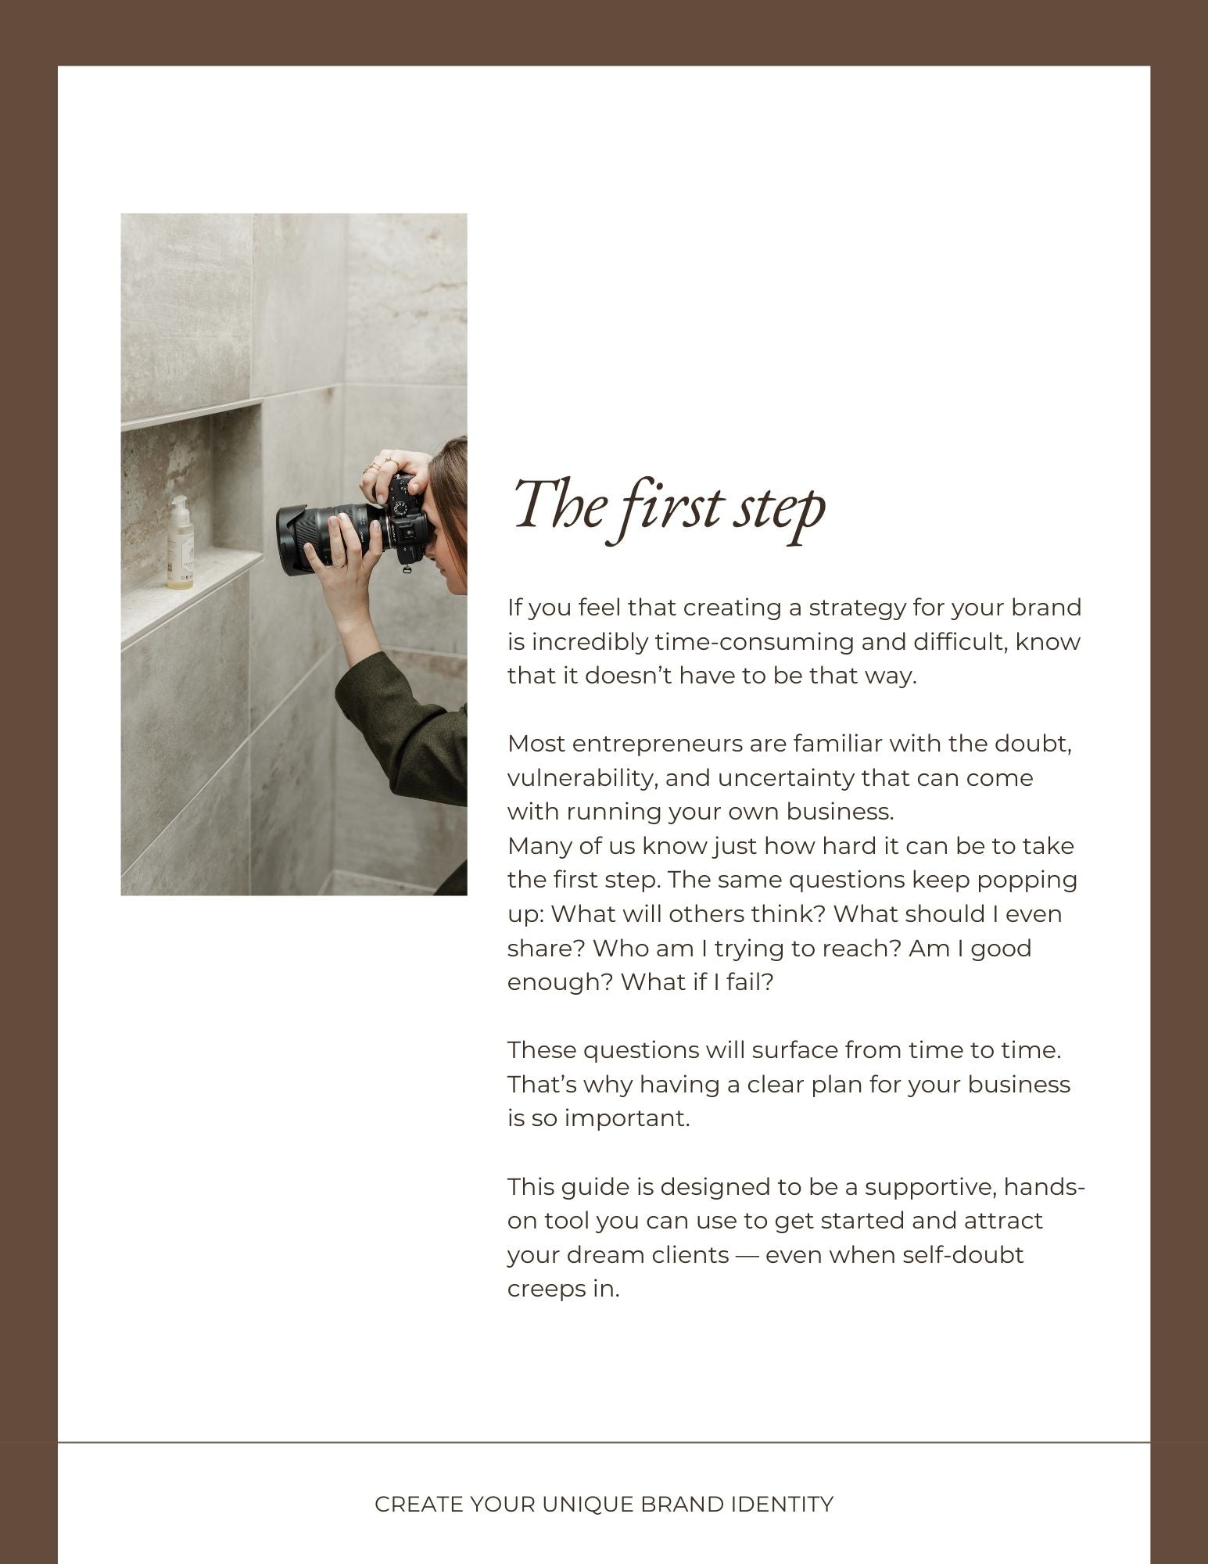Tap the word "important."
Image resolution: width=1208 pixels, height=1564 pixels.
pyautogui.click(x=627, y=1118)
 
